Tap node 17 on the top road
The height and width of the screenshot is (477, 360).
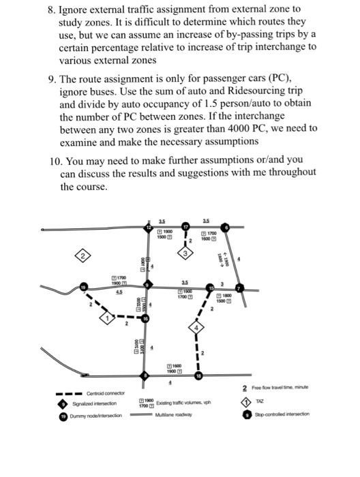click(x=185, y=227)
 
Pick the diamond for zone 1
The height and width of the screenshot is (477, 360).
click(x=106, y=317)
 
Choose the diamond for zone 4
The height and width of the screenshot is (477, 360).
click(x=196, y=328)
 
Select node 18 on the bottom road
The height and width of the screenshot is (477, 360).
click(x=198, y=375)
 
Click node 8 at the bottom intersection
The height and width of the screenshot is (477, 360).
click(x=144, y=375)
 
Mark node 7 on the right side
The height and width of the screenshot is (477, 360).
click(x=238, y=288)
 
